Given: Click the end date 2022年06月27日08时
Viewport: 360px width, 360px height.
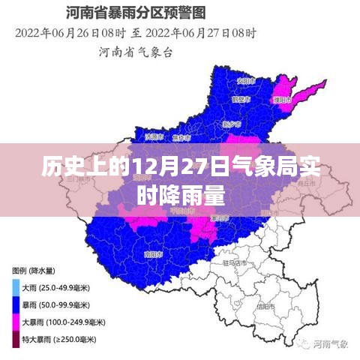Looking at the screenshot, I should point(204,33).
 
